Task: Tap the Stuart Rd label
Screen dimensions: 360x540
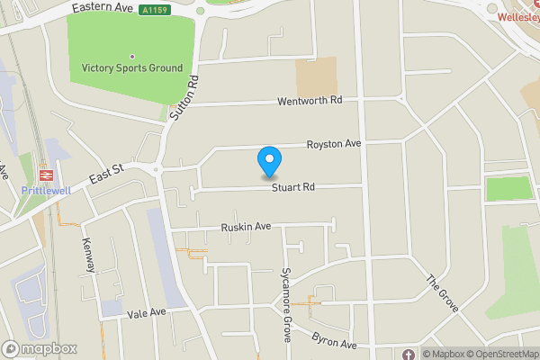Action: pos(295,188)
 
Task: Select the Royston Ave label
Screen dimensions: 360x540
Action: pos(333,144)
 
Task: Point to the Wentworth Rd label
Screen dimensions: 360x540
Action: pos(310,100)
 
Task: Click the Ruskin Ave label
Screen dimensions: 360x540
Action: pos(246,228)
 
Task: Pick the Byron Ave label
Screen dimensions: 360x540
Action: pos(335,341)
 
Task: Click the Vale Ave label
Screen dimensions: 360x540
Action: pos(147,312)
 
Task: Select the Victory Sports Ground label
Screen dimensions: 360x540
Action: pos(131,67)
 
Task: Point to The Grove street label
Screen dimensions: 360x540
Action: pos(443,292)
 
